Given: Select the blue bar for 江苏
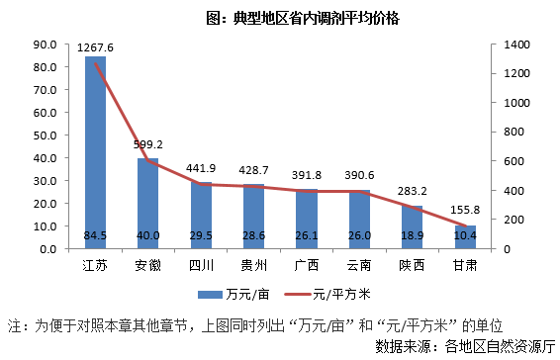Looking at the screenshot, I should point(95,148).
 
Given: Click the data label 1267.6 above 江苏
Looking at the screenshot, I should point(95,47).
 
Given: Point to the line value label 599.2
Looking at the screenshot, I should point(148,143).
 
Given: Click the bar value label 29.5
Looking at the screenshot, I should point(201,235).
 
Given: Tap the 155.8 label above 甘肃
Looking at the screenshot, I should point(465,210).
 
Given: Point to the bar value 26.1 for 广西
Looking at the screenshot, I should point(307,235).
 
